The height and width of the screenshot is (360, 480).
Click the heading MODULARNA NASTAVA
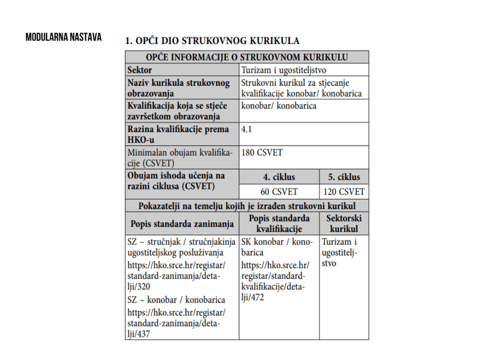(64, 38)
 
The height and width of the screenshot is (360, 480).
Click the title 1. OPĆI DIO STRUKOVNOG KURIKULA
(213, 41)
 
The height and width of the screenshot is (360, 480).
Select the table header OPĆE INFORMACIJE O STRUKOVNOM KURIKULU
(246, 57)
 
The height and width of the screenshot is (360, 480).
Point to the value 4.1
(246, 129)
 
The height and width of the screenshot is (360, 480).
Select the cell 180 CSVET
(262, 152)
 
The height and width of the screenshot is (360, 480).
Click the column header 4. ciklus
(279, 177)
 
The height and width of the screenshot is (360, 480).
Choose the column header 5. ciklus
(344, 177)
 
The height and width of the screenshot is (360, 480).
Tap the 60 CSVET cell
(279, 191)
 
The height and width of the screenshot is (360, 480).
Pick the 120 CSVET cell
(344, 191)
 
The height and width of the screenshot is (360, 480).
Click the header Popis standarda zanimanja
(182, 223)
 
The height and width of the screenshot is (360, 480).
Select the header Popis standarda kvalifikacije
(279, 223)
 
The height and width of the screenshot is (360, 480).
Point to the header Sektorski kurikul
(344, 223)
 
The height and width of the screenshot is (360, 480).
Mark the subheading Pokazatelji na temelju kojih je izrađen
(246, 206)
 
